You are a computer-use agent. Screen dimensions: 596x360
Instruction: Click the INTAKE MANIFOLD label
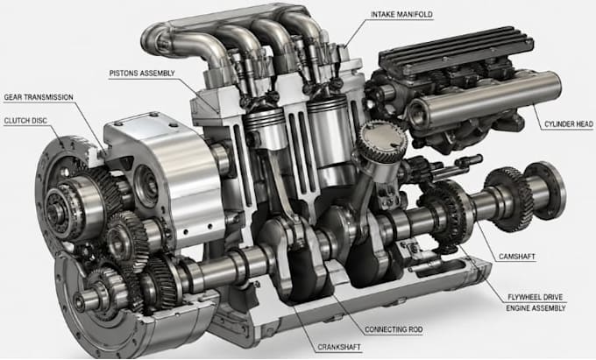pos(401,14)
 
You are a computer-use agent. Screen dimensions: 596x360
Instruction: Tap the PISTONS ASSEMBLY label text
pos(142,73)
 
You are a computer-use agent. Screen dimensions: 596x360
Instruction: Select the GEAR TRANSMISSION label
pos(39,97)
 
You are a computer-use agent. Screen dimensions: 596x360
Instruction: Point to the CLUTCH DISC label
pos(25,121)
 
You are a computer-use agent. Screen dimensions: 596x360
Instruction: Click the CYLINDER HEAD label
pos(568,124)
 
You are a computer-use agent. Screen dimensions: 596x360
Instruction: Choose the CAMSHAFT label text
pos(517,257)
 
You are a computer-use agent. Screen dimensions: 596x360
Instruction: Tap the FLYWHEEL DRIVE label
pos(536,297)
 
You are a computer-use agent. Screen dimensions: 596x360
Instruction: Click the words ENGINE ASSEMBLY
pos(536,308)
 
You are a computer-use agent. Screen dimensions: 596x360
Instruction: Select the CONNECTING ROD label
pos(394,329)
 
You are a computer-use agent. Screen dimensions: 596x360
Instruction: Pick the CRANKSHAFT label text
pos(339,347)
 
